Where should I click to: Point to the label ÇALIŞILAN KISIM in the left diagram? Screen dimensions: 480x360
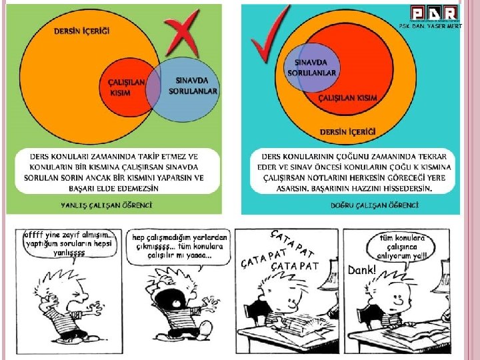pyautogui.click(x=126, y=87)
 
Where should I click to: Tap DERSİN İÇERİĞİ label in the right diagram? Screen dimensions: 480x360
pyautogui.click(x=347, y=131)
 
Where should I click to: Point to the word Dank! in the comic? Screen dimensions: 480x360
pyautogui.click(x=362, y=270)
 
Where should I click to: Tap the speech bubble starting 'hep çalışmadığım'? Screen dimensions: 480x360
pyautogui.click(x=179, y=247)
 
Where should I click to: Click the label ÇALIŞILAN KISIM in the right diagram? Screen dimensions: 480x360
pyautogui.click(x=347, y=98)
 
